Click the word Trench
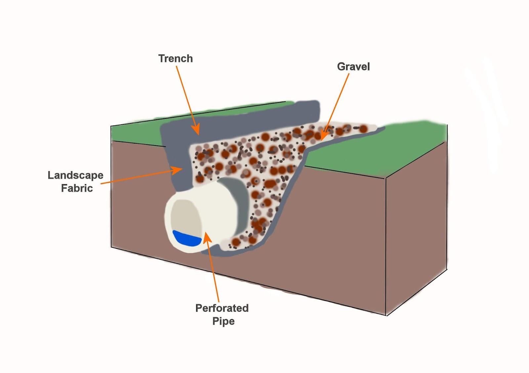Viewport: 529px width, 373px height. (176, 58)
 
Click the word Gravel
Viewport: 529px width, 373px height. (353, 66)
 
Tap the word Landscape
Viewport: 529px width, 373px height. (76, 176)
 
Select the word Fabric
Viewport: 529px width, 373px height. (77, 188)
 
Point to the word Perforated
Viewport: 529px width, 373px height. (222, 308)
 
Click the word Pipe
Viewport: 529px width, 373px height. (224, 321)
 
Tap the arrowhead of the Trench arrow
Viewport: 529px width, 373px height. (196, 129)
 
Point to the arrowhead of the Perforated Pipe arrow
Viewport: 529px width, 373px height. (207, 238)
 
